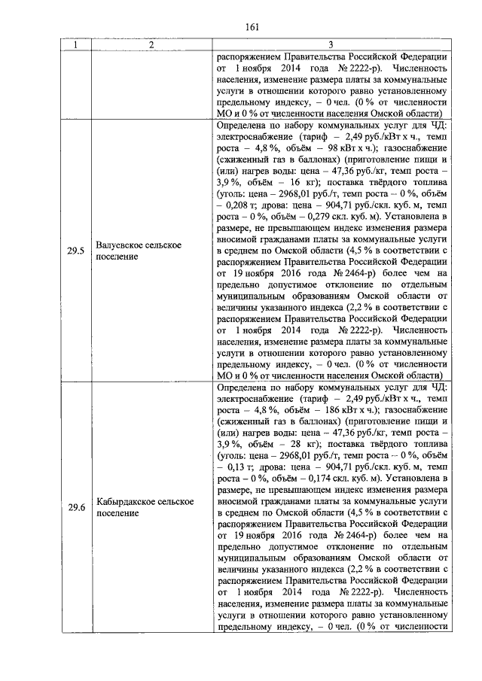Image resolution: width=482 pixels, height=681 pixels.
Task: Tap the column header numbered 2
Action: tap(151, 46)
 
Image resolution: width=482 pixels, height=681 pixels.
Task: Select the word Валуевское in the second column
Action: tap(127, 245)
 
